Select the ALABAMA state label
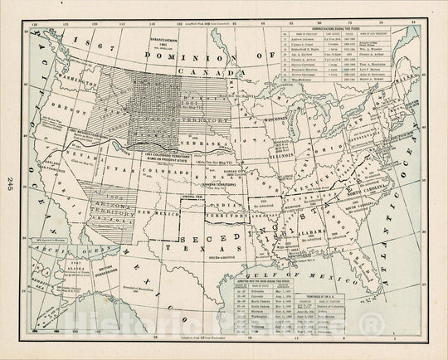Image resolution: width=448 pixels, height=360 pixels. coord(312,235)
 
